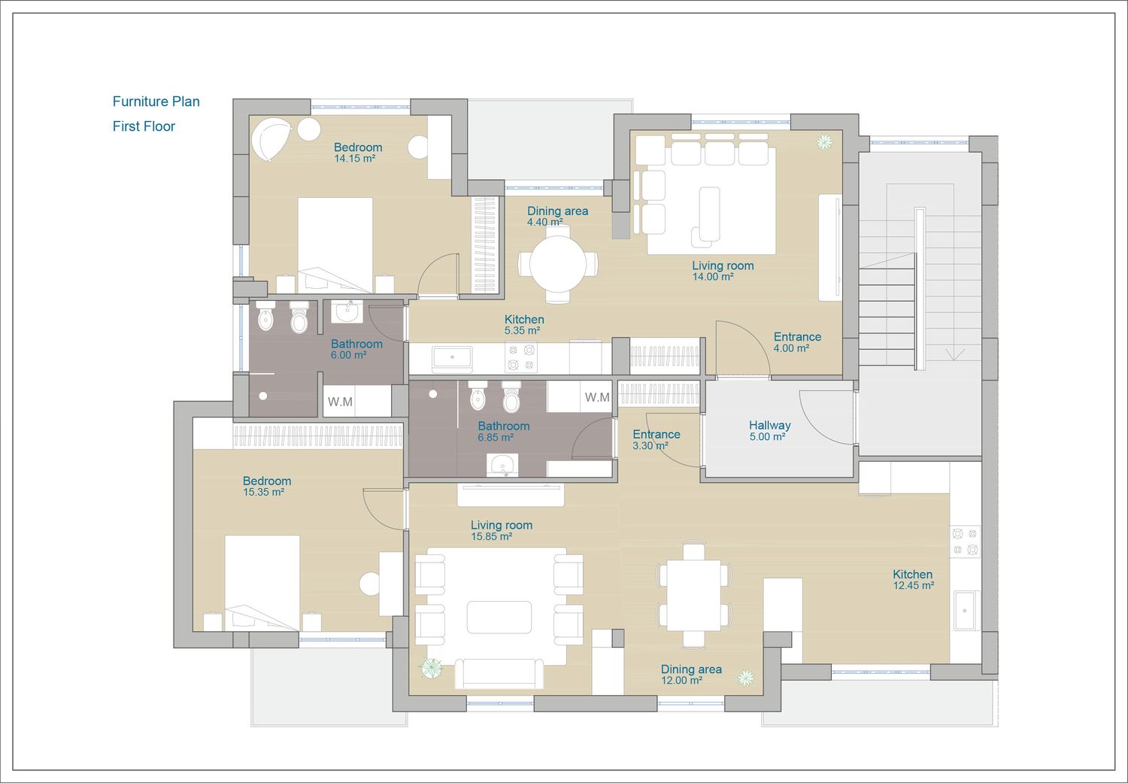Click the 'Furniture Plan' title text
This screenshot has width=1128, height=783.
[x=156, y=102]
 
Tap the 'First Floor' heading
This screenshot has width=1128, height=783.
[x=144, y=126]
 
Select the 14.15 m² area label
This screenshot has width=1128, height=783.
[x=354, y=159]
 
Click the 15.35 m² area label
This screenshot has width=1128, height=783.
[x=263, y=492]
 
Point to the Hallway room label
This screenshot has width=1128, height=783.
[x=769, y=425]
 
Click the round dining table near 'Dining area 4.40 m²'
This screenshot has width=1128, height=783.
[x=558, y=263]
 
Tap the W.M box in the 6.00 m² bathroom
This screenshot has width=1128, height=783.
[x=340, y=402]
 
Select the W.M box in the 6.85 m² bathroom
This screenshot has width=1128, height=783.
[x=597, y=397]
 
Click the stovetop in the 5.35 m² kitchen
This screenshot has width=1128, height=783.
[x=520, y=357]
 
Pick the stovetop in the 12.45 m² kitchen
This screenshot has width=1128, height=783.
[x=965, y=542]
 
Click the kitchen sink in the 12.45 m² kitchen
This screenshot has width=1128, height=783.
[x=965, y=610]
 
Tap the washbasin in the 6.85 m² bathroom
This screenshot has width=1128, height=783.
[x=502, y=465]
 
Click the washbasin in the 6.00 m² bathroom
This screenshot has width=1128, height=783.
[x=347, y=311]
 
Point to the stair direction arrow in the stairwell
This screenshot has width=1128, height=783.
[x=954, y=354]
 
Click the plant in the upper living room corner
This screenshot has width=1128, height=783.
[x=824, y=142]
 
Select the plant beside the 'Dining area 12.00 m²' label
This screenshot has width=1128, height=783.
[x=746, y=678]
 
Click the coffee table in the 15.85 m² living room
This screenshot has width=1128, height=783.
[x=499, y=617]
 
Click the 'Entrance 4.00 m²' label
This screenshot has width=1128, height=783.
[x=797, y=342]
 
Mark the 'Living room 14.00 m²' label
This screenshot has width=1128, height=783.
[x=723, y=270]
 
